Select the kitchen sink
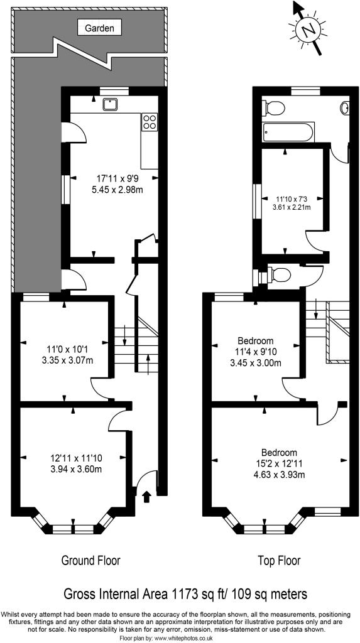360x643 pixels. point(111,104)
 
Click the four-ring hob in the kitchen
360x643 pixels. point(150,122)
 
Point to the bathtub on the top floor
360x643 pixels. point(288,132)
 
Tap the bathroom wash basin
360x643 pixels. point(345,107)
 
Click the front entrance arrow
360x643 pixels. point(146,497)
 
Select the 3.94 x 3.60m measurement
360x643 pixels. point(77,468)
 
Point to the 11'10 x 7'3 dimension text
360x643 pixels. point(292,199)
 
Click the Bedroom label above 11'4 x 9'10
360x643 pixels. point(256,341)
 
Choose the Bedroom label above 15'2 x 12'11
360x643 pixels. point(279,453)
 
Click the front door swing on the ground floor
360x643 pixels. point(146,478)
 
